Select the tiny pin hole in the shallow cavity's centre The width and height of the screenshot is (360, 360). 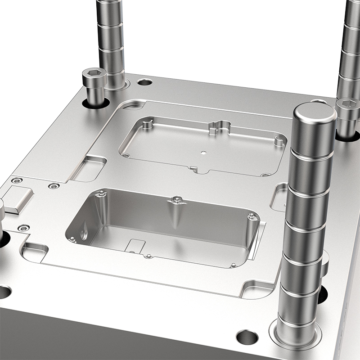(x=203, y=153)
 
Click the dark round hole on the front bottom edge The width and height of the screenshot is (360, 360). (x=247, y=337)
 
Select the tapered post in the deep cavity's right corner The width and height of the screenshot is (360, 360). (x=252, y=227)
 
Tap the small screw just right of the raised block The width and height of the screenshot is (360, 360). (x=54, y=186)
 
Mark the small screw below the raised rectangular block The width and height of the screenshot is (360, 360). (x=23, y=228)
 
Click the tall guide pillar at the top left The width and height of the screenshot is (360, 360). (x=111, y=40)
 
